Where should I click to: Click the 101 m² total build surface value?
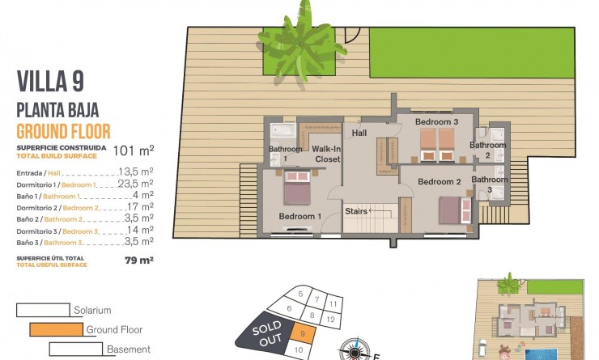click(x=134, y=150)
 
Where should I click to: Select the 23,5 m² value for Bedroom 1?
click(x=135, y=184)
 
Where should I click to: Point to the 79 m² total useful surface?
click(x=139, y=260)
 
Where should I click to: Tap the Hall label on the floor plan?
click(x=359, y=133)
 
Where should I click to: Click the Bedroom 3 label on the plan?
click(x=437, y=122)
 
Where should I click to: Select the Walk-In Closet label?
click(x=325, y=154)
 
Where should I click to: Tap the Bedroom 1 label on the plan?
click(x=300, y=216)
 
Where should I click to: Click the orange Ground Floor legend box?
click(x=56, y=329)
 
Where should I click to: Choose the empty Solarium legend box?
click(x=43, y=310)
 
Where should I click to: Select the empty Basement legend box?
click(x=75, y=349)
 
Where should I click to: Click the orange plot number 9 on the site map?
click(x=301, y=332)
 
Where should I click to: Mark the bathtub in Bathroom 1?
click(x=285, y=132)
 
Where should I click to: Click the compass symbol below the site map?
click(x=354, y=350)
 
